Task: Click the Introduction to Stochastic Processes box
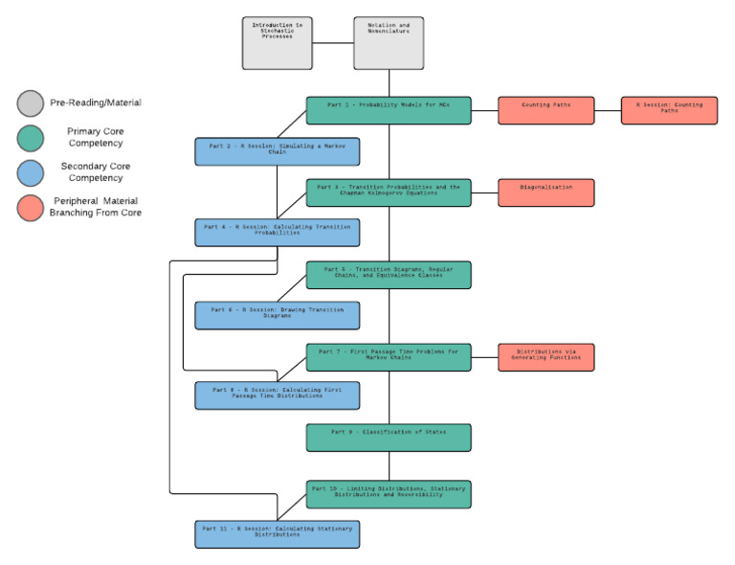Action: pyautogui.click(x=278, y=43)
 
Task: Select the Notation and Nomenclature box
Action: pyautogui.click(x=389, y=43)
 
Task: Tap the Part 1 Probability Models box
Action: pyautogui.click(x=389, y=110)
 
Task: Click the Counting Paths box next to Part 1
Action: pyautogui.click(x=546, y=110)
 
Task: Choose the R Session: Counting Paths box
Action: pyautogui.click(x=669, y=110)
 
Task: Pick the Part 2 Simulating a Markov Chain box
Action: pyautogui.click(x=278, y=151)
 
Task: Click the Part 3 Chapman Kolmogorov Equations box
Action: pyautogui.click(x=389, y=192)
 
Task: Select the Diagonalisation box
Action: pyautogui.click(x=546, y=192)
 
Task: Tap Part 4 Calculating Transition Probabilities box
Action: pyautogui.click(x=278, y=233)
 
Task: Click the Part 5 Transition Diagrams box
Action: pyautogui.click(x=389, y=275)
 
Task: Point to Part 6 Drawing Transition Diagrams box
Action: pyautogui.click(x=278, y=316)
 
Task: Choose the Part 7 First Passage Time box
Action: pyautogui.click(x=389, y=357)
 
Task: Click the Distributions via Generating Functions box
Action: pyautogui.click(x=546, y=357)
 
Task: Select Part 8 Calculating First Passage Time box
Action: pyautogui.click(x=278, y=395)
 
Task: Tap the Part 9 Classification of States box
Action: pyautogui.click(x=389, y=438)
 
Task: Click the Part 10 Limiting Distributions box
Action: pyautogui.click(x=389, y=493)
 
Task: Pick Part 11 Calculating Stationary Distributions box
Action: pyautogui.click(x=278, y=533)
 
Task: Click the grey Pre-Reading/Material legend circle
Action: pyautogui.click(x=31, y=102)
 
